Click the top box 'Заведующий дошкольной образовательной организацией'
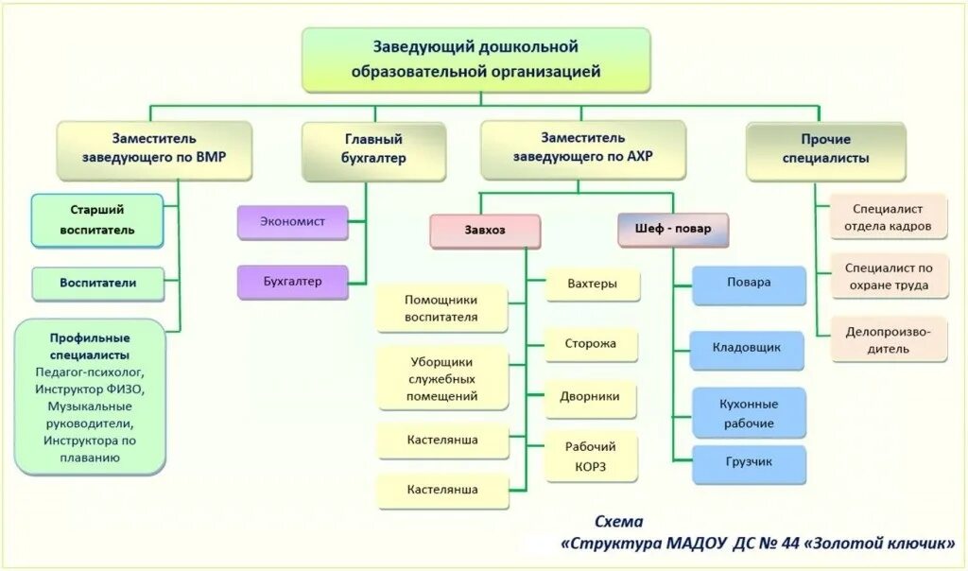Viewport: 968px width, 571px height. tap(475, 59)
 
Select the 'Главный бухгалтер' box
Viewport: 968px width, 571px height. tap(373, 149)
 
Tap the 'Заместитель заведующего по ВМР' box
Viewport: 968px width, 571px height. tap(154, 149)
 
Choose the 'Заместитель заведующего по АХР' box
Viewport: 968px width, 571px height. tap(582, 149)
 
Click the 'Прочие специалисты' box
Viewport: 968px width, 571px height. tap(825, 149)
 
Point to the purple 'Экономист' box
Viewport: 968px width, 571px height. tap(292, 221)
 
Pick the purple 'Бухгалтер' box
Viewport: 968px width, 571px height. tap(292, 281)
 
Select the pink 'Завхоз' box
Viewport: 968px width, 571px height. tap(484, 230)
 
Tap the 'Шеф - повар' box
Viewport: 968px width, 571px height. tap(673, 229)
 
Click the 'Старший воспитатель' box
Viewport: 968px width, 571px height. tap(96, 220)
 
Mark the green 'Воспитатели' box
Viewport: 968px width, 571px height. tap(98, 283)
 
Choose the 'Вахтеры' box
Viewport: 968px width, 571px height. tap(592, 284)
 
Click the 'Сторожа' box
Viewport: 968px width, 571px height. tap(591, 344)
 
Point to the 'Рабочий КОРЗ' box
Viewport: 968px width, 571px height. tap(591, 457)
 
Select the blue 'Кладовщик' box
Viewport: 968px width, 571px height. tap(747, 348)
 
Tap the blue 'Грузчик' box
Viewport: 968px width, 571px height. tap(749, 462)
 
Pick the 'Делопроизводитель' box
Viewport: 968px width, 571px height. tap(889, 339)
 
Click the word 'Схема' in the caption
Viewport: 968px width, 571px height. tap(618, 521)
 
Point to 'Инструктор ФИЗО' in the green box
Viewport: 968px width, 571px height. tap(91, 389)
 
